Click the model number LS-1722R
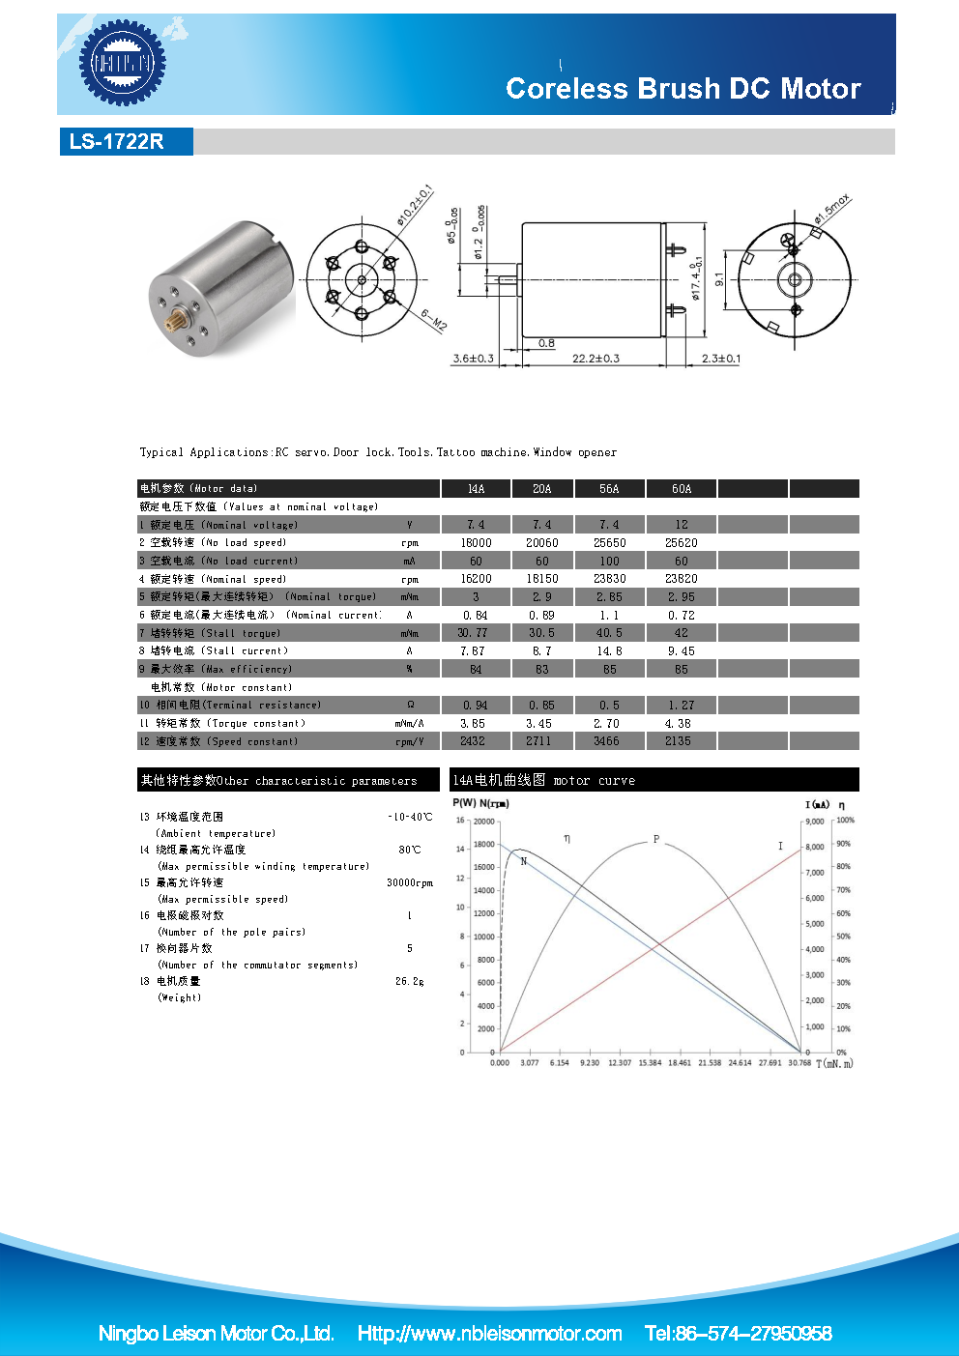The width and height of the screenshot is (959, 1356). pos(116,141)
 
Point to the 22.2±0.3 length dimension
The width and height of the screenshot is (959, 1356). pos(596,359)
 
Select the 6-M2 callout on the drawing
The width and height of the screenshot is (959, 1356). pos(433,320)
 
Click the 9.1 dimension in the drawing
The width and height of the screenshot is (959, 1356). pos(719,279)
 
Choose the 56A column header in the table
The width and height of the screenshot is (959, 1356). pos(609,489)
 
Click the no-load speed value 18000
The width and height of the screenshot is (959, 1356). pos(476,543)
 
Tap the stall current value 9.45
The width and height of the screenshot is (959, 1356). pos(681,651)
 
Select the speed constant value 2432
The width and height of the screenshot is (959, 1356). pos(473,741)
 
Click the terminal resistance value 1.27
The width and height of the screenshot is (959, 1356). pos(681,706)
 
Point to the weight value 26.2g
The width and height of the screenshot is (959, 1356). pos(409,981)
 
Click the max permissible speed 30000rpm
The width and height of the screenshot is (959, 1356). pos(410,882)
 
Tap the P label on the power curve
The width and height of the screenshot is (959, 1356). pos(656,839)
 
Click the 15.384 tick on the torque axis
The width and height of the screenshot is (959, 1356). pos(650,1063)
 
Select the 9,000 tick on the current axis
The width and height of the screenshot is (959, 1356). pos(815,822)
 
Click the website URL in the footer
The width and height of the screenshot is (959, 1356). pos(489,1334)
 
